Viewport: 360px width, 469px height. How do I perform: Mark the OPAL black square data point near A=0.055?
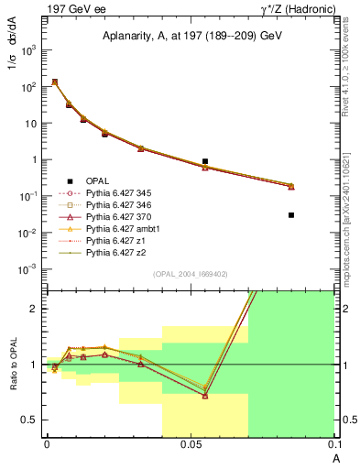point(205,161)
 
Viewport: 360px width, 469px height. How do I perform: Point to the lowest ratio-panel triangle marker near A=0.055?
point(205,396)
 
